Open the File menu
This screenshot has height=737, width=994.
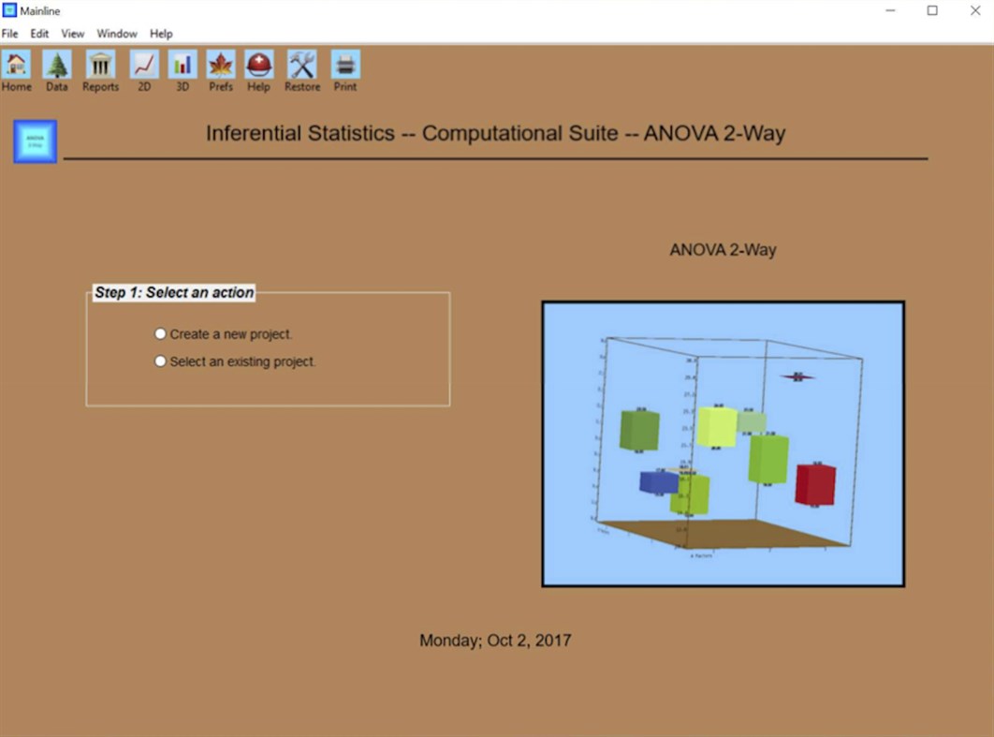(x=10, y=34)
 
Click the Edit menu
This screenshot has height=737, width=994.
(x=39, y=34)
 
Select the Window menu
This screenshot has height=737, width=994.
(x=117, y=34)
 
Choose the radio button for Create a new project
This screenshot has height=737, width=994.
(x=161, y=333)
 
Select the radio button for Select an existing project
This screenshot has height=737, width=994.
(x=161, y=361)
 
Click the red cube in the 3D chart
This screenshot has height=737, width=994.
(x=814, y=484)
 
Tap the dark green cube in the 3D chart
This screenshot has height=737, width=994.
(x=639, y=430)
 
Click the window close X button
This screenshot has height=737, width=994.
(x=974, y=10)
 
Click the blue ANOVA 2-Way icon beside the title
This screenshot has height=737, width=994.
(x=36, y=141)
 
